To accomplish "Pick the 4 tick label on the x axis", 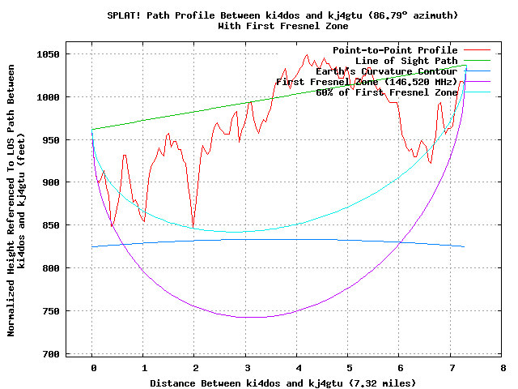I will coord(297,367).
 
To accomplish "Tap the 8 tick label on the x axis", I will coord(502,367).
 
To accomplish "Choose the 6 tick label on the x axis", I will coord(399,367).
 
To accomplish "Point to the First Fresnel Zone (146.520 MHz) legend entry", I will coord(366,82).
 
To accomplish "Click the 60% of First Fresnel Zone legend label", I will coord(386,92).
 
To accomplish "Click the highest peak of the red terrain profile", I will coord(307,55).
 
